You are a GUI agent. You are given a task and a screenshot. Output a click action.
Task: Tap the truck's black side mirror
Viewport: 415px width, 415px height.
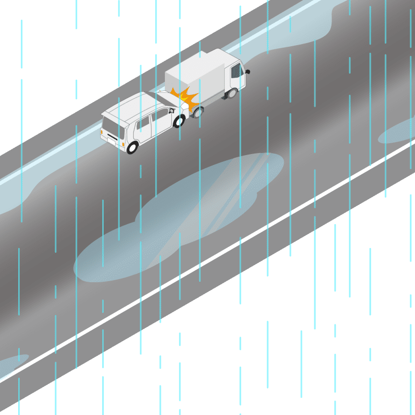248,71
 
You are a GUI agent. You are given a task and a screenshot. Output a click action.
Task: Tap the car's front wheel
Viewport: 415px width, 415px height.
179,121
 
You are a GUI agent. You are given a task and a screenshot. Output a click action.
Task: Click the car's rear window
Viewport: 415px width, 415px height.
110,127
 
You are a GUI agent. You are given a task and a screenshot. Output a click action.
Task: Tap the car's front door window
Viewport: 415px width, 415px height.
160,116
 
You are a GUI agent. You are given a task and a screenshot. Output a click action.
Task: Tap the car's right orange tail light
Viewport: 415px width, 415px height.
123,142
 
